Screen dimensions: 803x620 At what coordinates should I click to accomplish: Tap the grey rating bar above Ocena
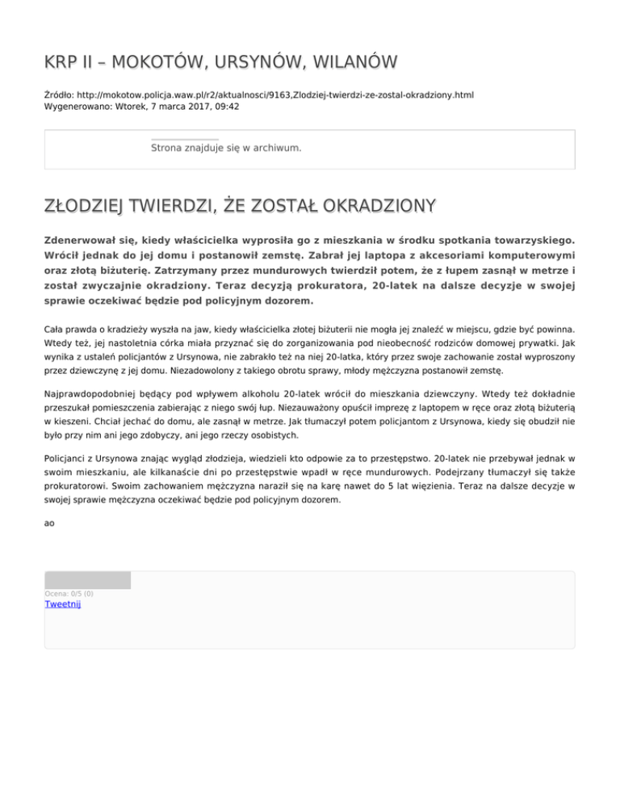tap(87, 580)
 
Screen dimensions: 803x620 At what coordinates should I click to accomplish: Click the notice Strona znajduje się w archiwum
tap(226, 149)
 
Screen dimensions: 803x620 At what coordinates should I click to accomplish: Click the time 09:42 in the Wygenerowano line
tap(225, 107)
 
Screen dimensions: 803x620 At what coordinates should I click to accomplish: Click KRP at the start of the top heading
tap(60, 62)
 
